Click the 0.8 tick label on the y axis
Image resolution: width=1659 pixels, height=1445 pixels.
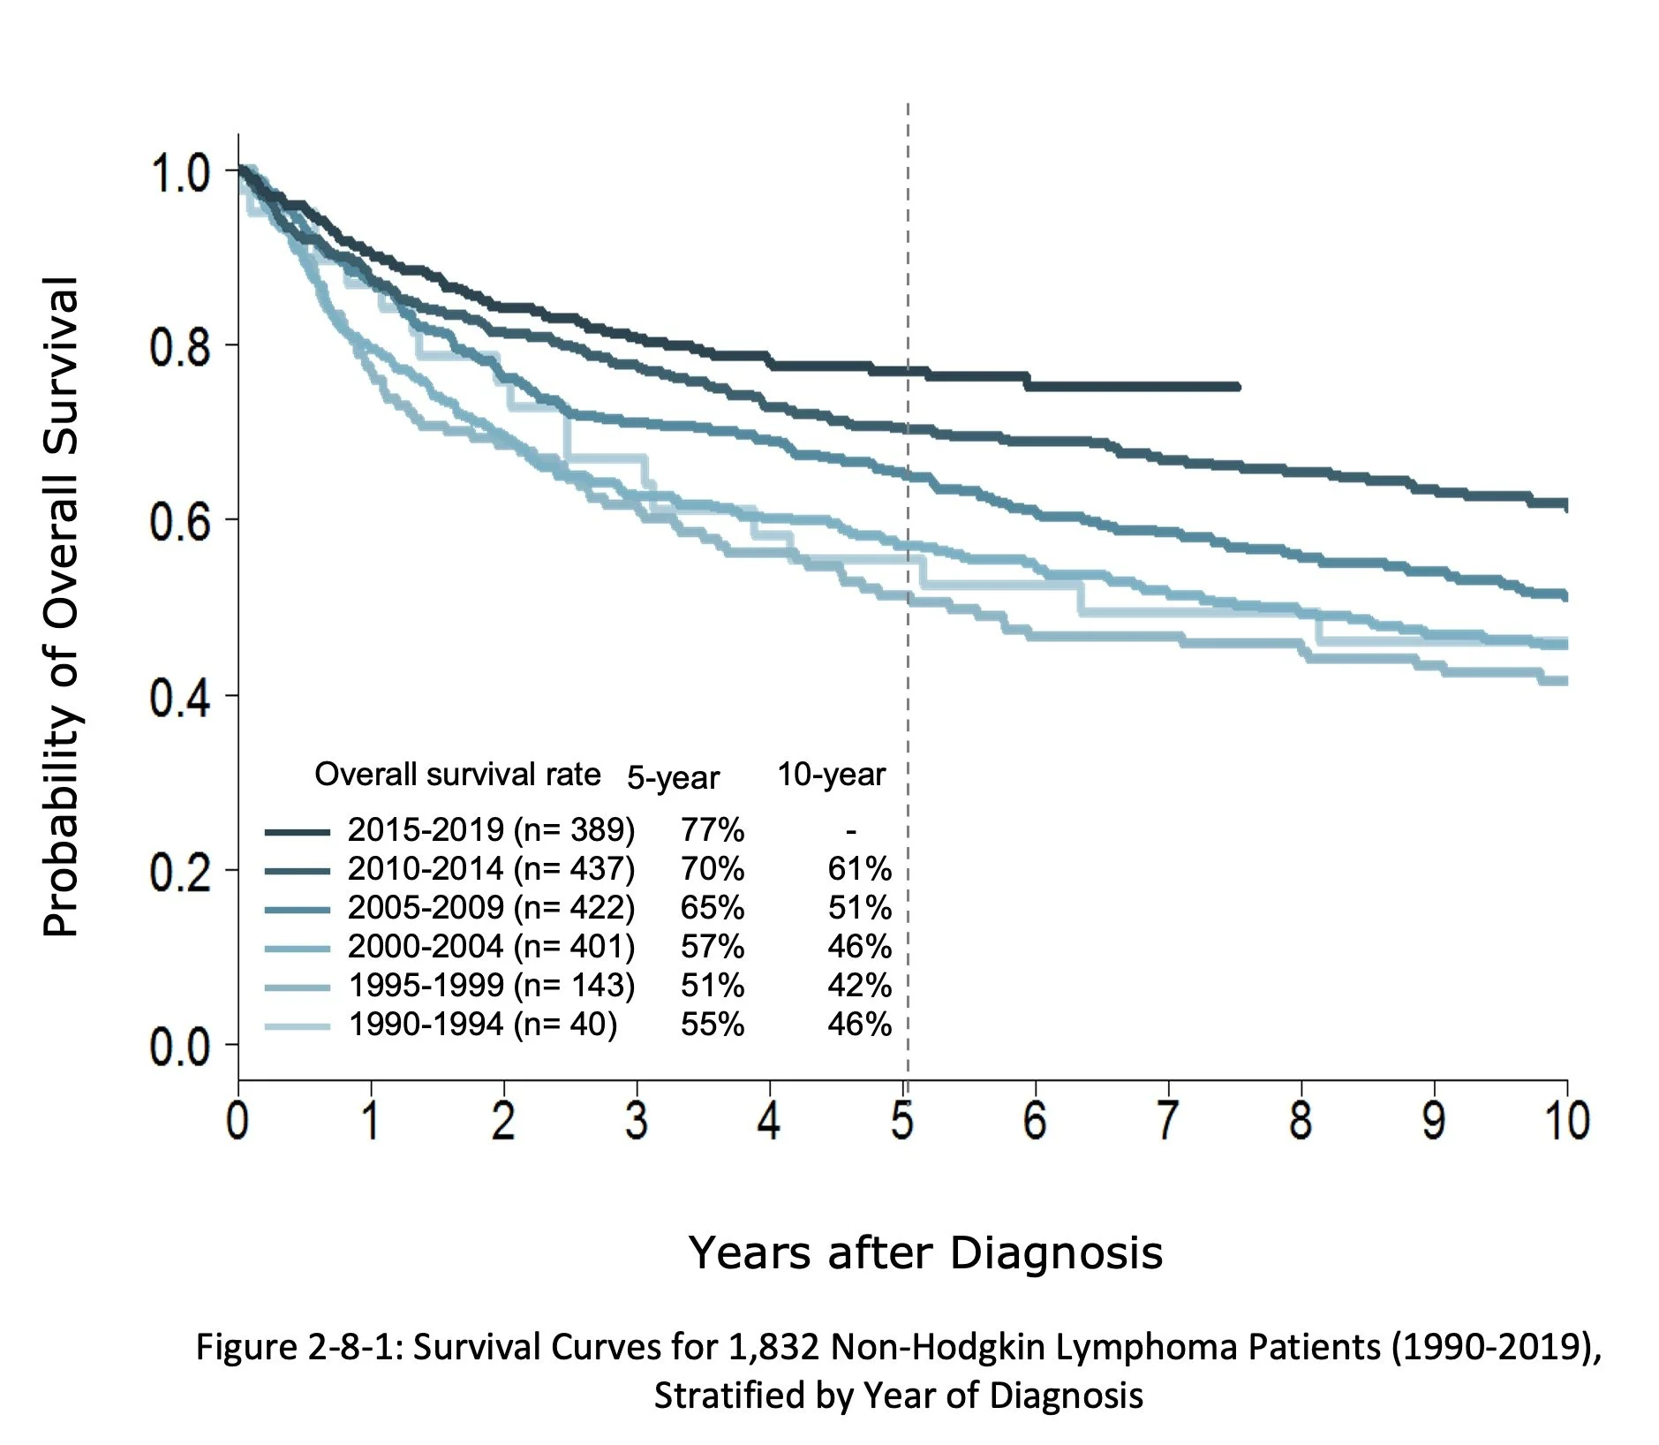179,347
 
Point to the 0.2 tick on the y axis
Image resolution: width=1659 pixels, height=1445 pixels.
179,873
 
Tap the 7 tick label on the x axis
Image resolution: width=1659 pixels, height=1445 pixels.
1168,1120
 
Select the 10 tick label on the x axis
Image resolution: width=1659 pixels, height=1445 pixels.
1566,1120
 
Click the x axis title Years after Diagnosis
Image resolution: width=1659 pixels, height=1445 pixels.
924,1252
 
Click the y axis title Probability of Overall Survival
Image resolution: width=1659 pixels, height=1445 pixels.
62,606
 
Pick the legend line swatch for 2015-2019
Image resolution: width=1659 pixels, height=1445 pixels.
297,832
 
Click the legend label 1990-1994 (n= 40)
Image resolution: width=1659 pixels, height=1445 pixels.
482,1025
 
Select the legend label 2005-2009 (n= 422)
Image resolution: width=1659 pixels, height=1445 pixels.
491,908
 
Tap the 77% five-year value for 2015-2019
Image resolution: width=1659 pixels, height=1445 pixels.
712,830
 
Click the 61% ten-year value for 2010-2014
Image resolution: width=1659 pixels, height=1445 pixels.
858,869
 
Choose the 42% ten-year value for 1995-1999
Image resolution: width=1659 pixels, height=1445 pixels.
858,986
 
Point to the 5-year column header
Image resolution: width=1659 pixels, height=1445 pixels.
673,778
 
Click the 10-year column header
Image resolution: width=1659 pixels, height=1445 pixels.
831,775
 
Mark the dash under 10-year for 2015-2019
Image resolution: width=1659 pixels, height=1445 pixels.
850,830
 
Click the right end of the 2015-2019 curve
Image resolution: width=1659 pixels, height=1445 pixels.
1237,387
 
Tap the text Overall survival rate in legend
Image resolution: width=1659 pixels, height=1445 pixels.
457,775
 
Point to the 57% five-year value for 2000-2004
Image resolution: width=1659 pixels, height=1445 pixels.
712,947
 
